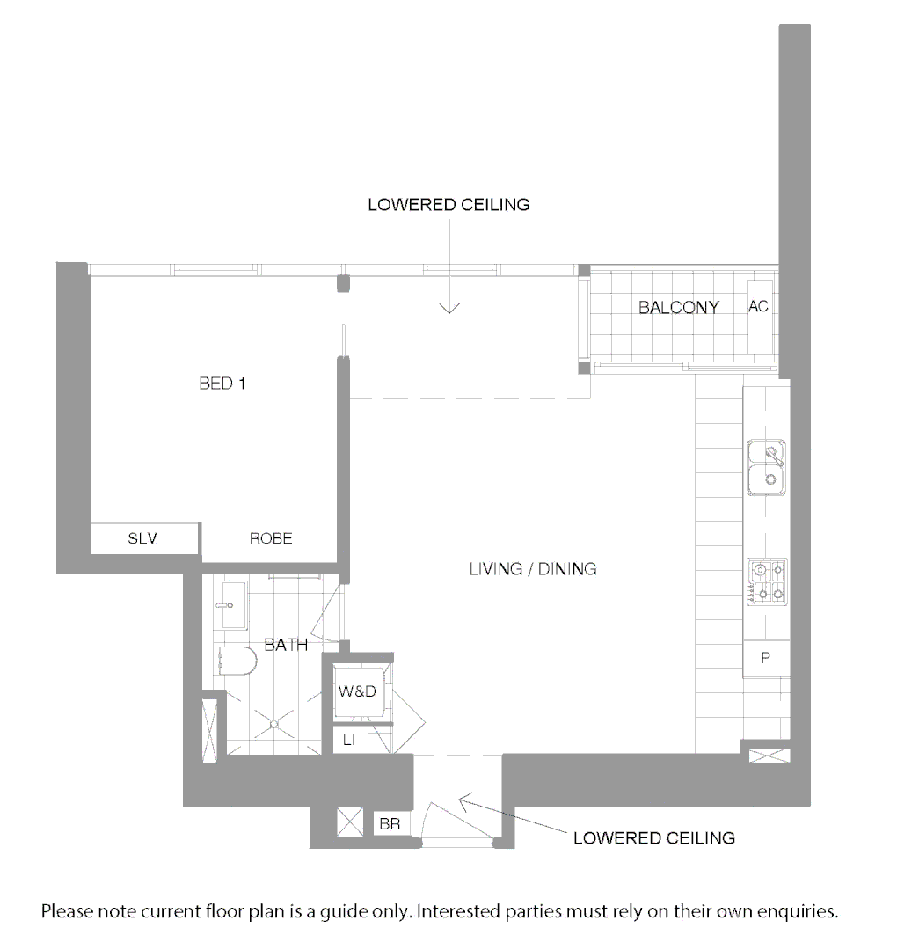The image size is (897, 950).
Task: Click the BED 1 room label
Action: pos(216,384)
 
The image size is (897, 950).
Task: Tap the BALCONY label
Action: pos(678,308)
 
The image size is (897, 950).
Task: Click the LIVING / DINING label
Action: pos(533,569)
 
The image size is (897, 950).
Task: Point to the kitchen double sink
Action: pos(766,467)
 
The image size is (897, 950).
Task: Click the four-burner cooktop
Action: pos(766,582)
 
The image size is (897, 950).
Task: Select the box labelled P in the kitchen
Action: pos(764,658)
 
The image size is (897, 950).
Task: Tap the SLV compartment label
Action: pos(142,538)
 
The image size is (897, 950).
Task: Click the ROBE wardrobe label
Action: pos(271,538)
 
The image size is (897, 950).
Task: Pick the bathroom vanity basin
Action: pos(232,604)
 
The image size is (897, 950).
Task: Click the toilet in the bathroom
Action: pos(235,661)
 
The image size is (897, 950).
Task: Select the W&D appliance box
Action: pos(357,691)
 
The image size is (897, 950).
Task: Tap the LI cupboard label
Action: pos(349,741)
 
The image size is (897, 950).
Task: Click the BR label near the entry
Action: pos(389,825)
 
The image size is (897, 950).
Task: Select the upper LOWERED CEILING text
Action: pos(448,205)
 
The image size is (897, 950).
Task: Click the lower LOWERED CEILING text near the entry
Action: pos(653,837)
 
